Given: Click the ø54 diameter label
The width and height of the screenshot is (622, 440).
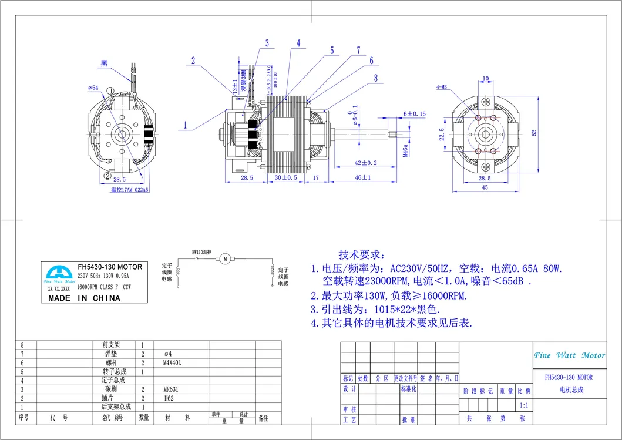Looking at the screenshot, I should [93, 88].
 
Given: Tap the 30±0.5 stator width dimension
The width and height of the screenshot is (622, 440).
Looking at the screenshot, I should [287, 177].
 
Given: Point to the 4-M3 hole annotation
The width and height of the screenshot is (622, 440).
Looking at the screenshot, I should [442, 88].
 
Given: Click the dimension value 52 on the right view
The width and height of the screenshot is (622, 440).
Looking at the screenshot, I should [533, 133].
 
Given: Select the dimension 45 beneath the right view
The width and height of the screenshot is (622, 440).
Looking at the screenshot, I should [485, 188].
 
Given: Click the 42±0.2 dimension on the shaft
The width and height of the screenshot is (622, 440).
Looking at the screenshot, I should [366, 163].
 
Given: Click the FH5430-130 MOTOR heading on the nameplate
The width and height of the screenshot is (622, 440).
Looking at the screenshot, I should [110, 267].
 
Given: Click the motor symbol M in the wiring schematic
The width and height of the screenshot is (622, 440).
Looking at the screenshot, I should [225, 258].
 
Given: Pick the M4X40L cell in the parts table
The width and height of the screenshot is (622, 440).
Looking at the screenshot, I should [172, 363].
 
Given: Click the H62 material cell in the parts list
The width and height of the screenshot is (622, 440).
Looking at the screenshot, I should [168, 398].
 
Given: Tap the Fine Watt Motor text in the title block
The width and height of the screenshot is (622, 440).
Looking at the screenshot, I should [569, 355].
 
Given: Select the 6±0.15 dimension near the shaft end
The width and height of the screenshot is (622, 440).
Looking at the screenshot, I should [415, 114].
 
